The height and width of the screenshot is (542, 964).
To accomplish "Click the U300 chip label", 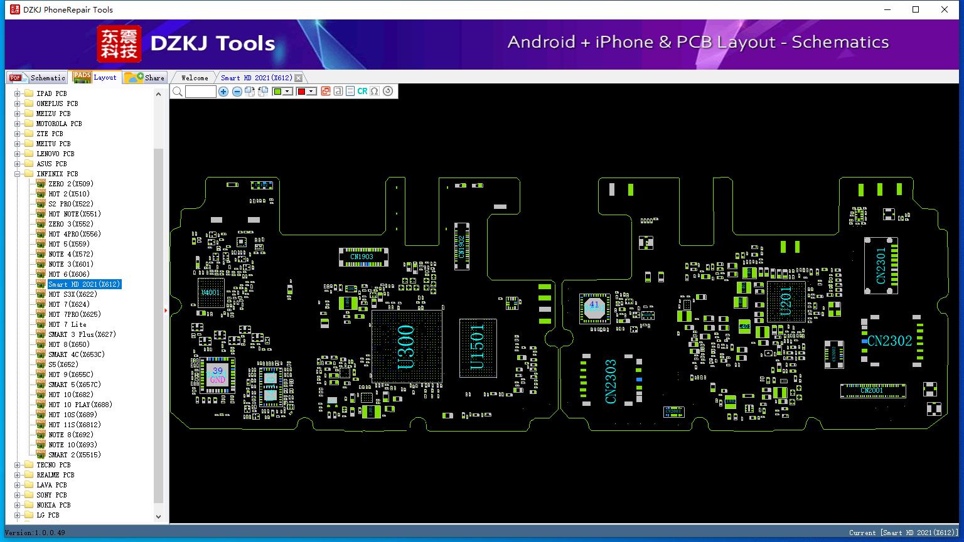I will point(406,346).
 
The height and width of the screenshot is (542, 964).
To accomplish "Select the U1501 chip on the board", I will point(478,347).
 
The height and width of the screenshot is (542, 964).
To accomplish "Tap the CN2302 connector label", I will point(889,341).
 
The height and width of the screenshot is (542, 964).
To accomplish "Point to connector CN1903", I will point(362,257).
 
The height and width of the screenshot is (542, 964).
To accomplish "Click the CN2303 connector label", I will point(611,381).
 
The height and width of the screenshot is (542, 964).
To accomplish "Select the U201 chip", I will point(786,302).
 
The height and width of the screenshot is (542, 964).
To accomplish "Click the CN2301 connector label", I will point(881,265).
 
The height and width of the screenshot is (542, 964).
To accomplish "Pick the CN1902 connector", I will point(461,246).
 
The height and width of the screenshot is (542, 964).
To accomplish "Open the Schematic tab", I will point(38,78).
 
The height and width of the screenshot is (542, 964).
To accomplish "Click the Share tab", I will point(145,78).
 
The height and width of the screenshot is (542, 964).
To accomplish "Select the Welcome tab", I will point(195,78).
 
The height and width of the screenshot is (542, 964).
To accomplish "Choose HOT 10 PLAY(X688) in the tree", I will point(80,405).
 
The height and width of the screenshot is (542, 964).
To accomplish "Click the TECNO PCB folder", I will point(53,465).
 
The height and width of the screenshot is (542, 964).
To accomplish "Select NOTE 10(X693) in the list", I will point(73,445).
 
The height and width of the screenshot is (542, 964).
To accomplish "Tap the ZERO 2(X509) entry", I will point(71,184).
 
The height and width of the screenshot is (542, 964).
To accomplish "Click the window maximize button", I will point(916,9).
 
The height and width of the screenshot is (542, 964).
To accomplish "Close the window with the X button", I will point(945,9).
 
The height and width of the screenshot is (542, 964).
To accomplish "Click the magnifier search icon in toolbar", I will point(178,92).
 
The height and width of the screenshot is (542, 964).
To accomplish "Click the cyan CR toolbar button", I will point(362,92).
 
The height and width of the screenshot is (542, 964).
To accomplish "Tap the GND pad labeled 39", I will point(217,375).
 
